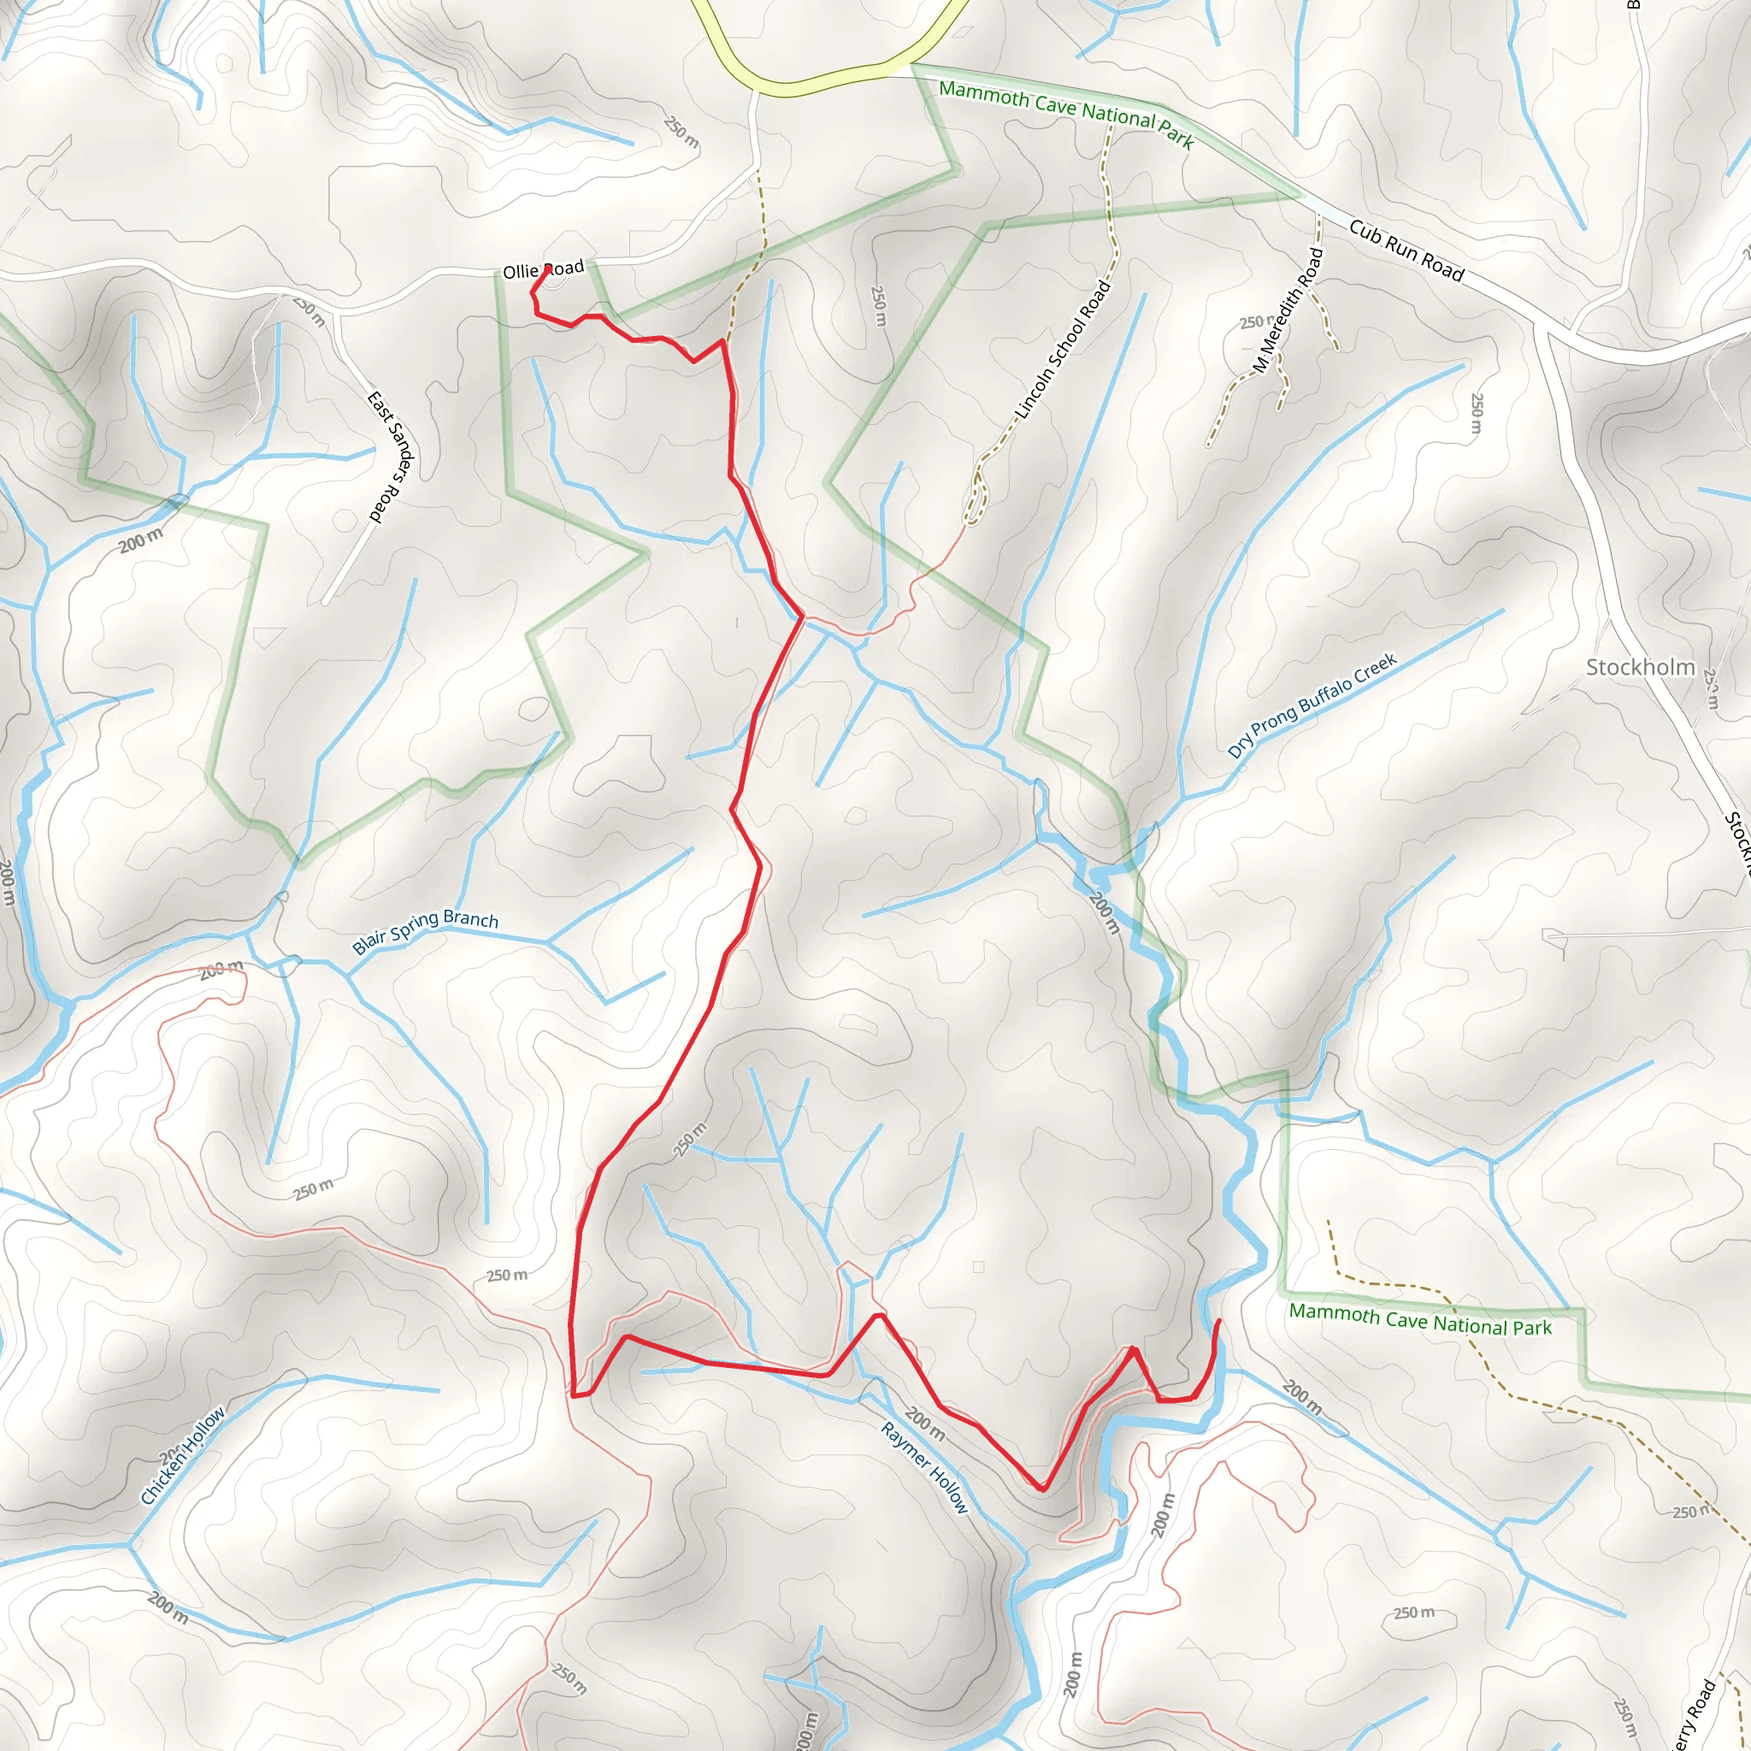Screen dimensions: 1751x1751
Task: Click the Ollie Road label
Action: [543, 270]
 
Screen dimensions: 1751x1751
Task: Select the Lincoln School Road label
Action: [1062, 350]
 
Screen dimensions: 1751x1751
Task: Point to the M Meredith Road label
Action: [1288, 310]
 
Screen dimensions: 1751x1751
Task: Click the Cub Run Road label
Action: [1406, 251]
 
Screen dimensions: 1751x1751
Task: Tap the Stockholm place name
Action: [1640, 667]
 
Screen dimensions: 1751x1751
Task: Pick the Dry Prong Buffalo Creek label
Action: [1312, 706]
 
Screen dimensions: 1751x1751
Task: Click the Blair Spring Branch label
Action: [425, 931]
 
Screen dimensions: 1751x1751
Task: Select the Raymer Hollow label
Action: [924, 1467]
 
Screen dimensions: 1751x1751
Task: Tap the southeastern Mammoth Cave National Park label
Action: [1419, 1319]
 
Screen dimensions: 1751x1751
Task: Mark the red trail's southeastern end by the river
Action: [1218, 1322]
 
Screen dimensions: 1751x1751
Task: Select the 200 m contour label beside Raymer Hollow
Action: [924, 1424]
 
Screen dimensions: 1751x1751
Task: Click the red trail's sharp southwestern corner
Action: [574, 1395]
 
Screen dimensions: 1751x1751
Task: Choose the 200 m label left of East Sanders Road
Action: [140, 541]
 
